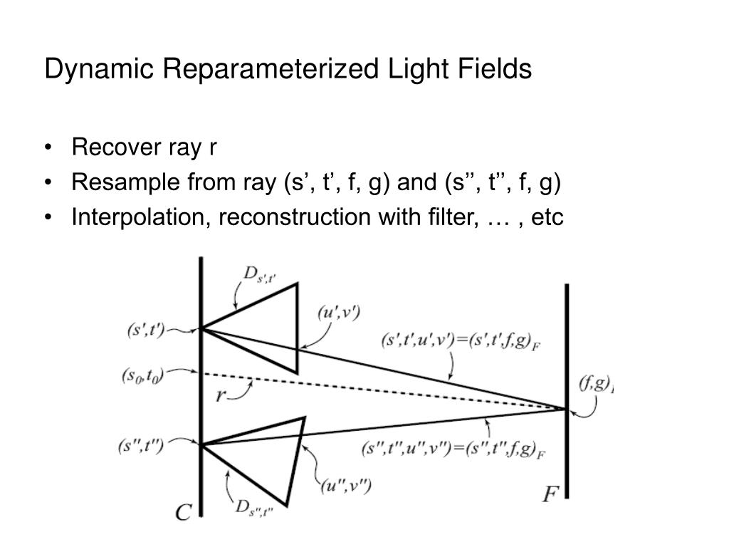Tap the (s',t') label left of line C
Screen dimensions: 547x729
tap(147, 330)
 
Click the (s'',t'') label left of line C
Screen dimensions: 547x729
tap(142, 447)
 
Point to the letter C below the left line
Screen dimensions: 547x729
tap(184, 512)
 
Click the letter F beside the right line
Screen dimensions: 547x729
tap(550, 494)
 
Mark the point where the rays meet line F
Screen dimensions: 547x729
tap(567, 409)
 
